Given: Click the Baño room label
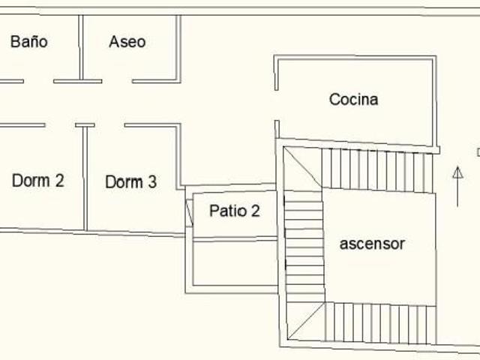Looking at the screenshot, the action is coord(29,42).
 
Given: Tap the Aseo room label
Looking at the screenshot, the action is coord(127,42).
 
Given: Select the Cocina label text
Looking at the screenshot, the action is coord(353,99).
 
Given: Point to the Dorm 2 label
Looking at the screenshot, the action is coord(38,180).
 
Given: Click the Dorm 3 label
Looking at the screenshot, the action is coord(131,181).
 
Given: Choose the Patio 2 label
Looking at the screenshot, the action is coord(235,211).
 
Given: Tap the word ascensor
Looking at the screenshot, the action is coord(372,244).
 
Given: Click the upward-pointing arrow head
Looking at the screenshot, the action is coord(457,172).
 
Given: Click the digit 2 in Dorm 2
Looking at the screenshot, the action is coord(60,180).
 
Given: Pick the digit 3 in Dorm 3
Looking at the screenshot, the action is coord(152,181).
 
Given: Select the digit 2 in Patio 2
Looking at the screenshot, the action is coord(256,211).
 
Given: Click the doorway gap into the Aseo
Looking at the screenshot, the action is coord(117,81).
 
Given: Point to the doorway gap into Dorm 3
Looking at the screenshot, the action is coord(109,125).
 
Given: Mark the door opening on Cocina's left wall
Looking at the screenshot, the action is coord(277,105).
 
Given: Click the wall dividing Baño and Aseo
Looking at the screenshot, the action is coord(81,47).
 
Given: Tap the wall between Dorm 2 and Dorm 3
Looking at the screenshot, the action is coord(85,178).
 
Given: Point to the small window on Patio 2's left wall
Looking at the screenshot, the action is coord(190,213).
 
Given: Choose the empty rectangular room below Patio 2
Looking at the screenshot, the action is coord(235,263).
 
